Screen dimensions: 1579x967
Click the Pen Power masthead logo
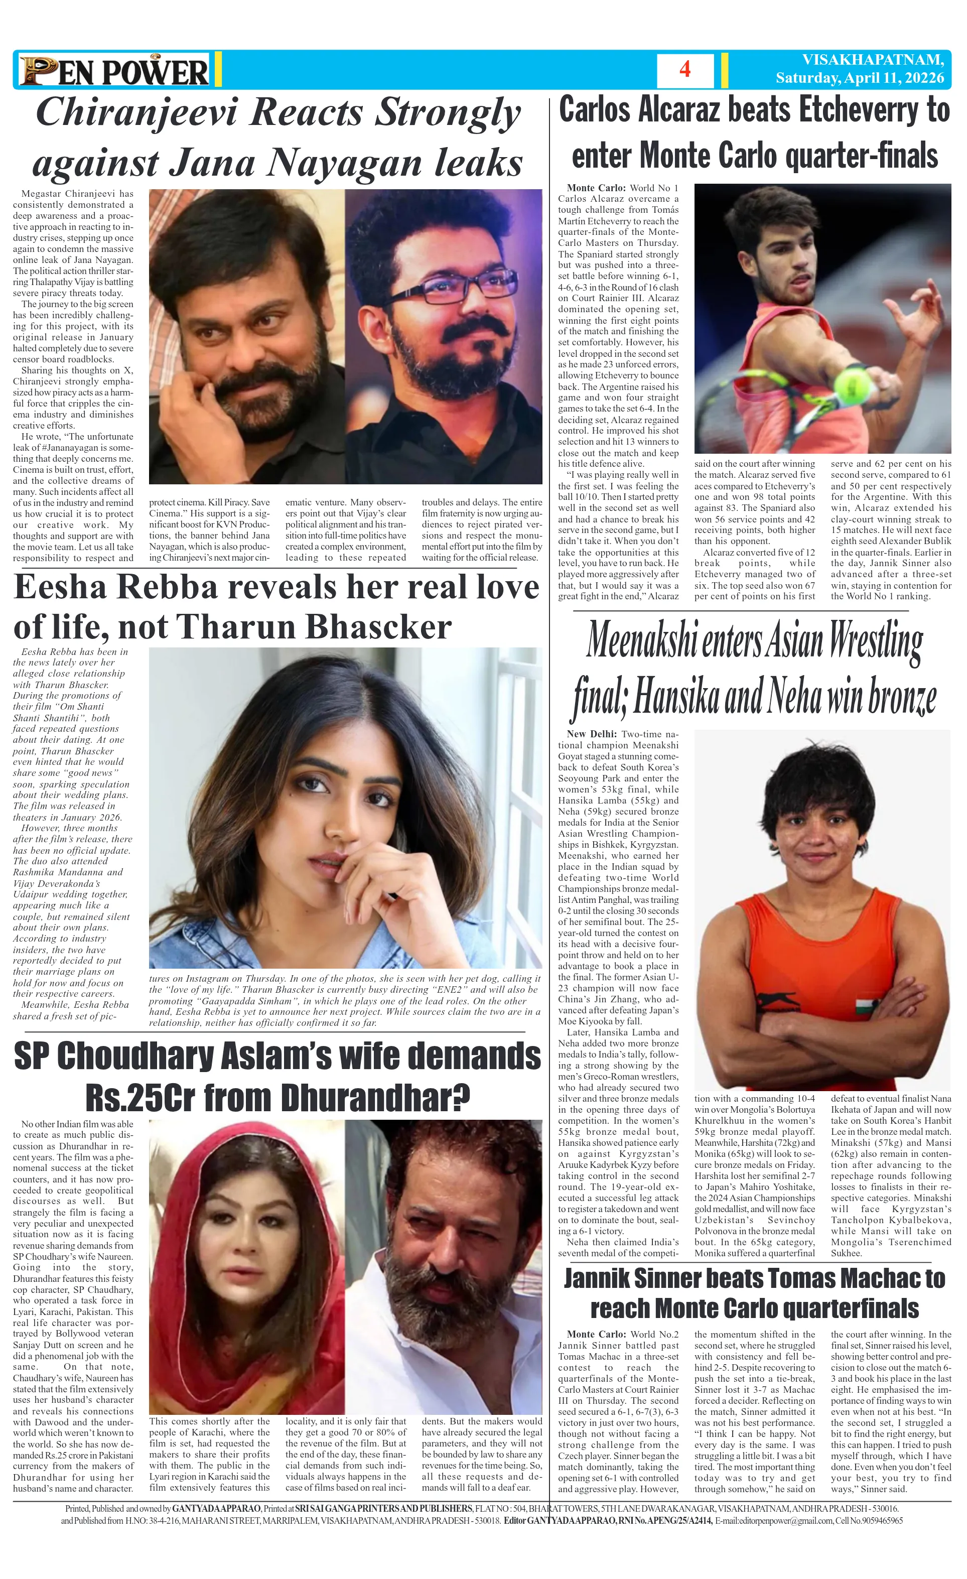(x=114, y=70)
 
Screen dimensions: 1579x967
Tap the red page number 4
(x=684, y=69)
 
